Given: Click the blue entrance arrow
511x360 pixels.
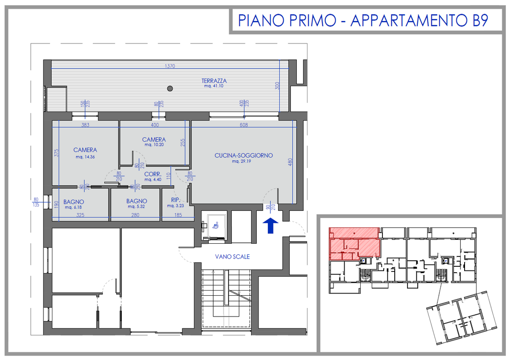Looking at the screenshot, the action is pos(270,225).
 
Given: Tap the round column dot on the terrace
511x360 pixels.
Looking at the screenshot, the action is pos(170,88).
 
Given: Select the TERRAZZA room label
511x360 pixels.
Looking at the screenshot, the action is pos(214,81).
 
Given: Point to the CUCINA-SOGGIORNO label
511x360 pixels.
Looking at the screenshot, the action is pos(244,156).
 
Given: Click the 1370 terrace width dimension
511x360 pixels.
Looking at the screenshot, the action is pos(170,66).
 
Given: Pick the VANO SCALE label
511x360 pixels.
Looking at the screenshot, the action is pos(232,257).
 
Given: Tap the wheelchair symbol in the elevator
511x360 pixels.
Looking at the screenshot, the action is pos(215,225).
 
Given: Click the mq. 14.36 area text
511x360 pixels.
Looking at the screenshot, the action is pos(85,157).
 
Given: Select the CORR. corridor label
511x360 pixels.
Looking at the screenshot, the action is pos(153,174).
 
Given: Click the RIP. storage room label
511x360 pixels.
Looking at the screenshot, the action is pos(175,200).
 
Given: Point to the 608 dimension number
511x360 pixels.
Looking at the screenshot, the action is pos(244,125).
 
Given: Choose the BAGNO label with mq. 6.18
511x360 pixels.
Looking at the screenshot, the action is pos(74,202).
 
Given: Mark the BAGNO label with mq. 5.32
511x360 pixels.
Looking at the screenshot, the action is pos(137,201).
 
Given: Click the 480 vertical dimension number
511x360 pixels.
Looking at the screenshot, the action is pos(290,162).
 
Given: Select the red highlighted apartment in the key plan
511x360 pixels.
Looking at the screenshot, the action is pos(354,244).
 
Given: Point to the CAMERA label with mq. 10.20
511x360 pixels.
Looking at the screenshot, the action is pos(154,139).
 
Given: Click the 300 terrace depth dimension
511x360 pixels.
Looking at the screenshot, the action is pos(277,86).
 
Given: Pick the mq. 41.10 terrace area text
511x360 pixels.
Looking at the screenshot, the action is pos(214,86).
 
